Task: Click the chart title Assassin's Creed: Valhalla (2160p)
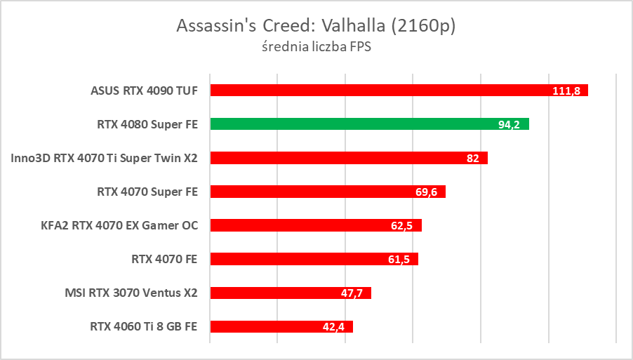(316, 26)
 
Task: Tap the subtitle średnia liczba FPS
(316, 48)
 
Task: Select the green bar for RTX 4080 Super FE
(369, 124)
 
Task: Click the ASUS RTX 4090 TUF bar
(399, 91)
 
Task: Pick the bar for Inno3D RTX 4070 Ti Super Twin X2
(349, 158)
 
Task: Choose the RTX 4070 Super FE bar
(328, 192)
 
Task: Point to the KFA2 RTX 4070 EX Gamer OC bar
(316, 225)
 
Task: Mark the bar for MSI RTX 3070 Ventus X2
(291, 293)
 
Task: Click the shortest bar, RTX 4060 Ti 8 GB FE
(281, 326)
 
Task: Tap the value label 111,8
(566, 91)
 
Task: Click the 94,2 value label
(509, 125)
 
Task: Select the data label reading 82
(472, 159)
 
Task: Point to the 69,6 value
(426, 192)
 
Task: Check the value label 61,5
(399, 260)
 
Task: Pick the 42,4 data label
(333, 327)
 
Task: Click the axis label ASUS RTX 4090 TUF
(144, 91)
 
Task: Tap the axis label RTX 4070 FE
(164, 259)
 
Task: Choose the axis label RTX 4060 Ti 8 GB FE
(144, 326)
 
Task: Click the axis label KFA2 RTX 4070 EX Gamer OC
(120, 225)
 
